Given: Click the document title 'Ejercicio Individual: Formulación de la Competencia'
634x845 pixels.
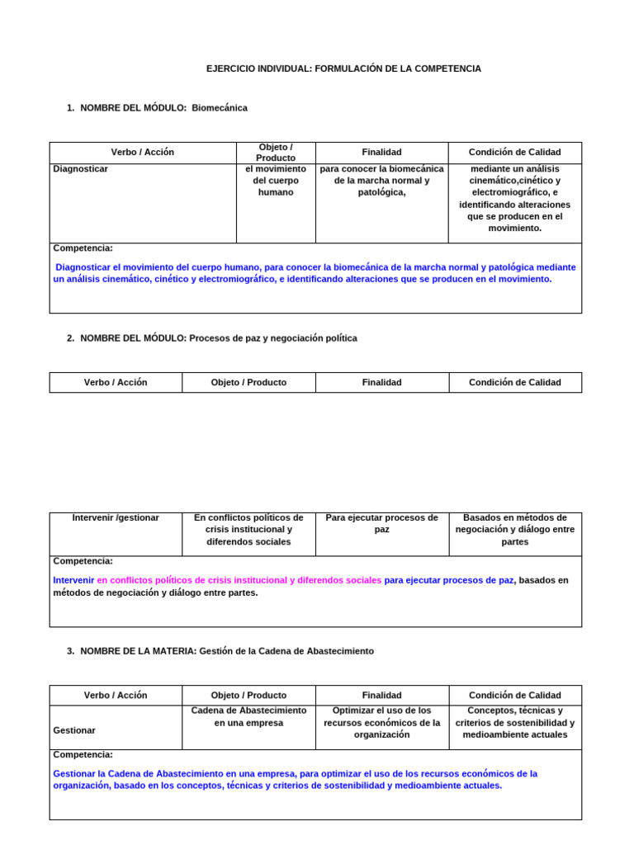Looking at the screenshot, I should click(343, 68).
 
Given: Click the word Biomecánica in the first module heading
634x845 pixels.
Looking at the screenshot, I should click(219, 108).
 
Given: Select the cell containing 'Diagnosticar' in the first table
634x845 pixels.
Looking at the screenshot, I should click(81, 169).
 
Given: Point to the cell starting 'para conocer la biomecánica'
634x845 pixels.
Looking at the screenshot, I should click(381, 181).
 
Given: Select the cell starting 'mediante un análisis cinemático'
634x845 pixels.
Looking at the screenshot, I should click(514, 198).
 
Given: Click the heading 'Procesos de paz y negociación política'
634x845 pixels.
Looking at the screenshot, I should click(273, 338).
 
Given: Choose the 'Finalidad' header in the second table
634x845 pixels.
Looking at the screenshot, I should click(381, 383).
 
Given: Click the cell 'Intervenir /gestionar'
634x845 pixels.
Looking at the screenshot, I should click(116, 518).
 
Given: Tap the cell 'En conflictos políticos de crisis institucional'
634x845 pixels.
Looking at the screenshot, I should click(248, 530).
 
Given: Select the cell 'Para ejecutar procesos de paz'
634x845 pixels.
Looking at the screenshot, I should click(381, 523).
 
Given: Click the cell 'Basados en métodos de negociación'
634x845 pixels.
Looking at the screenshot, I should click(514, 530).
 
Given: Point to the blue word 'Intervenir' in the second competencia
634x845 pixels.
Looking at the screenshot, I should click(73, 580).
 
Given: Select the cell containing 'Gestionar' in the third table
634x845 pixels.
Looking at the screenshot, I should click(74, 730).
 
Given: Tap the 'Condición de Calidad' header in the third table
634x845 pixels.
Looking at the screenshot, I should click(514, 696).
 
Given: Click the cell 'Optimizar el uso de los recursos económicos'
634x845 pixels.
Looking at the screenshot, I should click(381, 722).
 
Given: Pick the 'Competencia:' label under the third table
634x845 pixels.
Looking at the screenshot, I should click(83, 755).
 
